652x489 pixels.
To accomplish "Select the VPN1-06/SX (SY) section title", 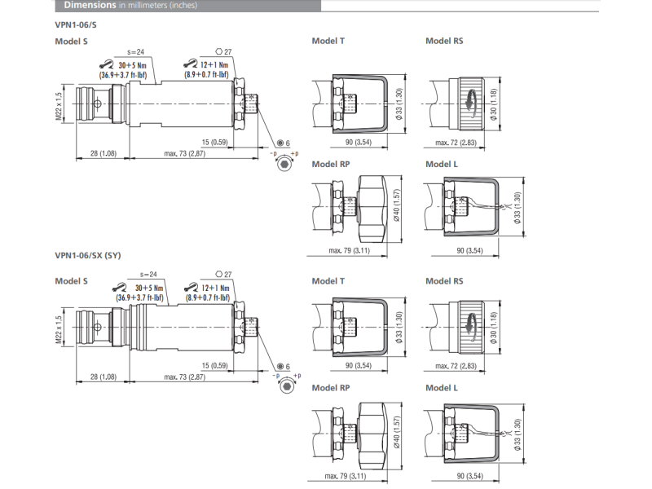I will click(x=89, y=255).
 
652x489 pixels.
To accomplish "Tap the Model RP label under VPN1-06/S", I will click(x=330, y=164).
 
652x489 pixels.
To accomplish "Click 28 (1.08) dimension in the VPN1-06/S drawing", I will click(x=103, y=153).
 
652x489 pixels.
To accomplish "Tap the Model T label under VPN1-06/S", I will click(x=328, y=41).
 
